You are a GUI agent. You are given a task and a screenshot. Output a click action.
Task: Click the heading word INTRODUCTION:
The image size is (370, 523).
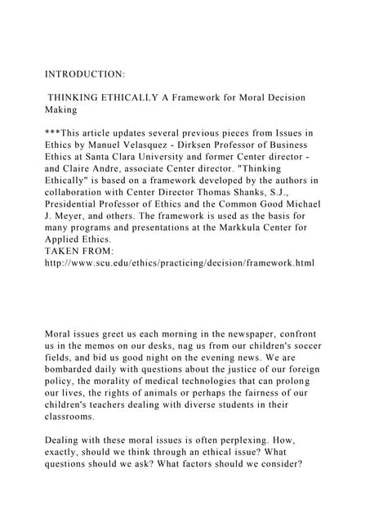[84, 74]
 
